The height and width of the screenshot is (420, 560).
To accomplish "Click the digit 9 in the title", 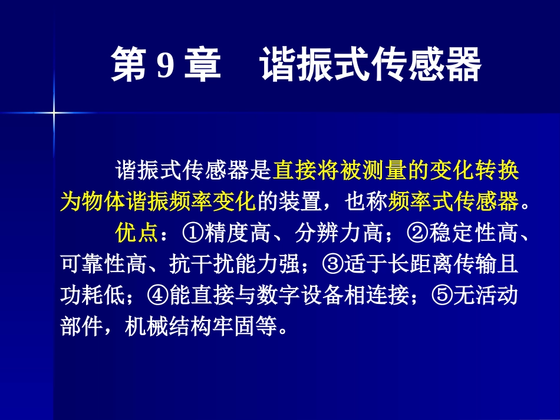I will tap(165, 65).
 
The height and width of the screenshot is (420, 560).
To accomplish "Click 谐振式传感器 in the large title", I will tap(371, 65).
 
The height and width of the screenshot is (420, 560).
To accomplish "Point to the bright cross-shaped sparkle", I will tap(54, 112).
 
